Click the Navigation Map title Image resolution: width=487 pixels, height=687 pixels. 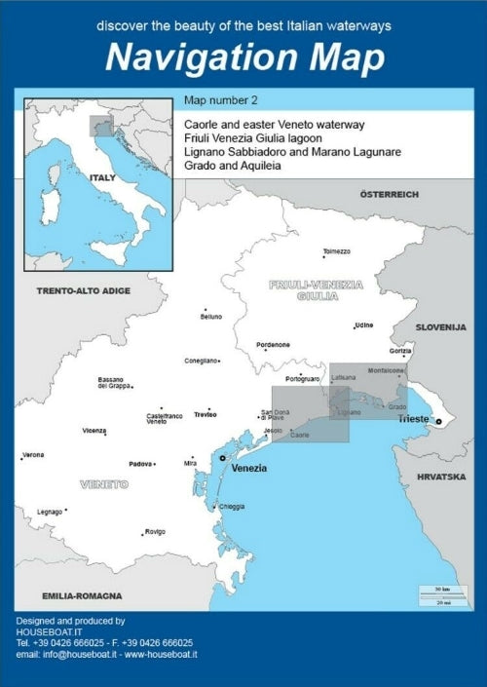[x=243, y=57]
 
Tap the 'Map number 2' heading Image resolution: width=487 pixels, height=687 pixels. [x=220, y=100]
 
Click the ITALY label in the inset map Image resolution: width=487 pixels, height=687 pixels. [x=102, y=178]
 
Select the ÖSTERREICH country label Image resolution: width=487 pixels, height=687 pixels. [x=389, y=194]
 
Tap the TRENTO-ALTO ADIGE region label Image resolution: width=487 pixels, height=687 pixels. [x=83, y=290]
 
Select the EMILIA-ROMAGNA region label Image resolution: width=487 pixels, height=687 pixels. [x=82, y=594]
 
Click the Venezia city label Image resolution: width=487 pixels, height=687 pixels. [x=249, y=468]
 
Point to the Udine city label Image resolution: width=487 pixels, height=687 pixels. [x=364, y=324]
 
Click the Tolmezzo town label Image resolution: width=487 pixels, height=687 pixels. [x=336, y=251]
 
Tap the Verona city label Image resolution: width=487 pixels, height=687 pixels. [x=33, y=454]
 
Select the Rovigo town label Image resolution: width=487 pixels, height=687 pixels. [x=155, y=531]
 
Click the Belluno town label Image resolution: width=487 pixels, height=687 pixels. [x=211, y=317]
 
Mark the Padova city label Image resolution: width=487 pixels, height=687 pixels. [x=140, y=464]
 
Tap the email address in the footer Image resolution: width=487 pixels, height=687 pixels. [x=107, y=655]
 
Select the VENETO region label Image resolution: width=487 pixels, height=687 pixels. [x=104, y=483]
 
